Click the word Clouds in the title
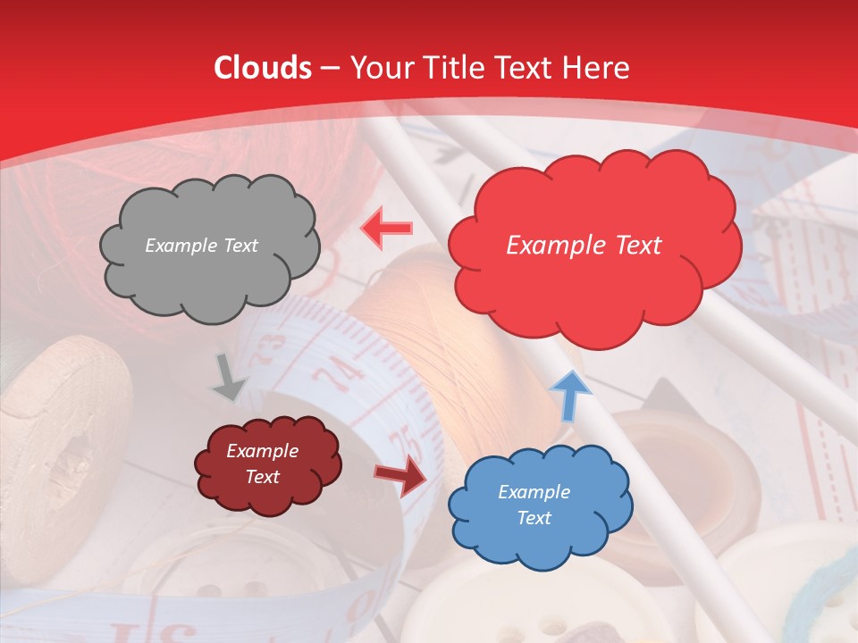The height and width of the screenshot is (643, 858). (263, 68)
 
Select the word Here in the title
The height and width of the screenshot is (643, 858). (597, 68)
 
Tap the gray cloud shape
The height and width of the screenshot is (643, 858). (209, 246)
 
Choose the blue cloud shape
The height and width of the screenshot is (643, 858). (539, 505)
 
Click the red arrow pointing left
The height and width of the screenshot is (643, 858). (386, 228)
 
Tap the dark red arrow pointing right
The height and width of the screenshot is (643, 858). (400, 475)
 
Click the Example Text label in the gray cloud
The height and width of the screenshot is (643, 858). (201, 246)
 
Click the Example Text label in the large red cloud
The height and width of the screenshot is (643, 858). (584, 246)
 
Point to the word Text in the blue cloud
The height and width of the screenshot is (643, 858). (534, 518)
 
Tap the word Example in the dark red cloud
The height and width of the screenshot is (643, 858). (263, 451)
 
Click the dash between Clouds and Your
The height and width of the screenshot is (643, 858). (330, 68)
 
